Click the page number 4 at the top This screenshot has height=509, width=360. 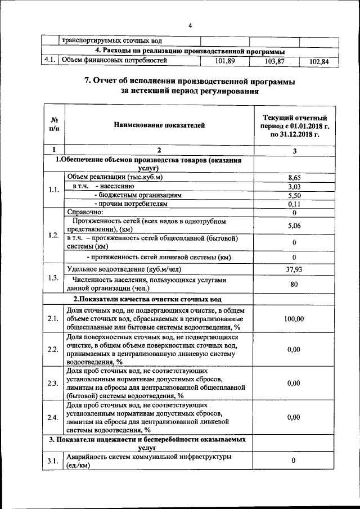tap(190, 25)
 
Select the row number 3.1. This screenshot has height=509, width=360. tap(53, 461)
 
